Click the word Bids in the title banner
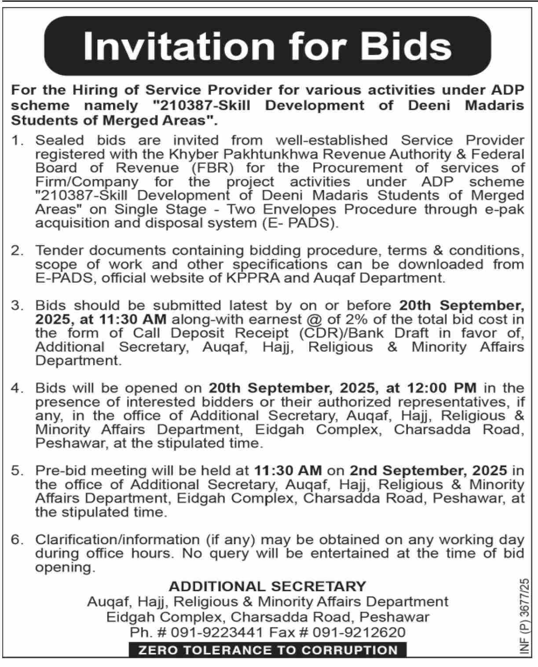(x=407, y=46)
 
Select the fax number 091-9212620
(x=359, y=632)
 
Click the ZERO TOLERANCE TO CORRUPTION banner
(x=268, y=650)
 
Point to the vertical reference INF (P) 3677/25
(x=525, y=616)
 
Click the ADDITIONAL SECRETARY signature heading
(x=267, y=586)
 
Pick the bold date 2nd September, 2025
(x=428, y=470)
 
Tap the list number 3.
(x=17, y=306)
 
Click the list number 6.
(x=17, y=540)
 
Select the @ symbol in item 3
(x=314, y=319)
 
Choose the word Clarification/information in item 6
(x=117, y=540)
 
